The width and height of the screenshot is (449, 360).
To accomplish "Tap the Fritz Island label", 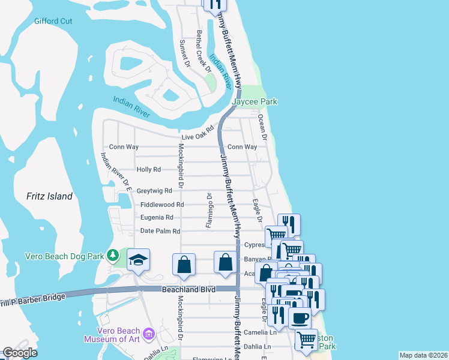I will (x=50, y=196).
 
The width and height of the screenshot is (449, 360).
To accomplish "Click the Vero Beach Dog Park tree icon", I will (x=112, y=256).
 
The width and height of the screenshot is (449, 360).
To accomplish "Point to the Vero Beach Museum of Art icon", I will (x=149, y=332).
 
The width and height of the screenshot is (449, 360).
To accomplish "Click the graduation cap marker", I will (x=138, y=260).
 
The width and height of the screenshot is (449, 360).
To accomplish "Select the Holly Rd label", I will (x=149, y=170).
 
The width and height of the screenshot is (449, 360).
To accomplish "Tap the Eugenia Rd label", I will (x=157, y=218).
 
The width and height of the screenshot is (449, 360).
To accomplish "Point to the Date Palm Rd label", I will (x=160, y=231).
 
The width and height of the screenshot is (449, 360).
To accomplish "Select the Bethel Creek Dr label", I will (x=204, y=52).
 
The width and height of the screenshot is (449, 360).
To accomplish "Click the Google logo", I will (x=19, y=353).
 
